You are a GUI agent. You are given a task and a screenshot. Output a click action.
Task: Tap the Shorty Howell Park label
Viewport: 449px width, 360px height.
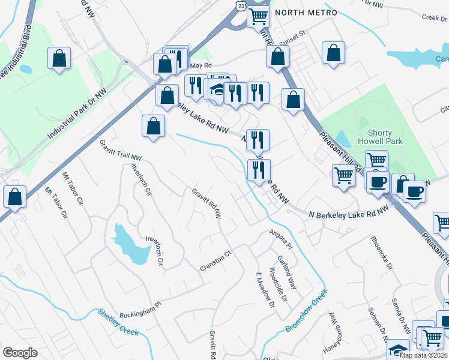[379, 137]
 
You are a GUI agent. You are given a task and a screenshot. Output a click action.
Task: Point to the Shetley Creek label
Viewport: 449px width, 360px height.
[118, 322]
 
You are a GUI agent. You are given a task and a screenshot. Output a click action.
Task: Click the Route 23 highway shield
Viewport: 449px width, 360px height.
[240, 5]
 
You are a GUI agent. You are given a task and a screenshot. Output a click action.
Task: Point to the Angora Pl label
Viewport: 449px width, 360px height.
[280, 239]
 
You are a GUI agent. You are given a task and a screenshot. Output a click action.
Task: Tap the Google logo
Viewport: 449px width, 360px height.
[20, 352]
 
